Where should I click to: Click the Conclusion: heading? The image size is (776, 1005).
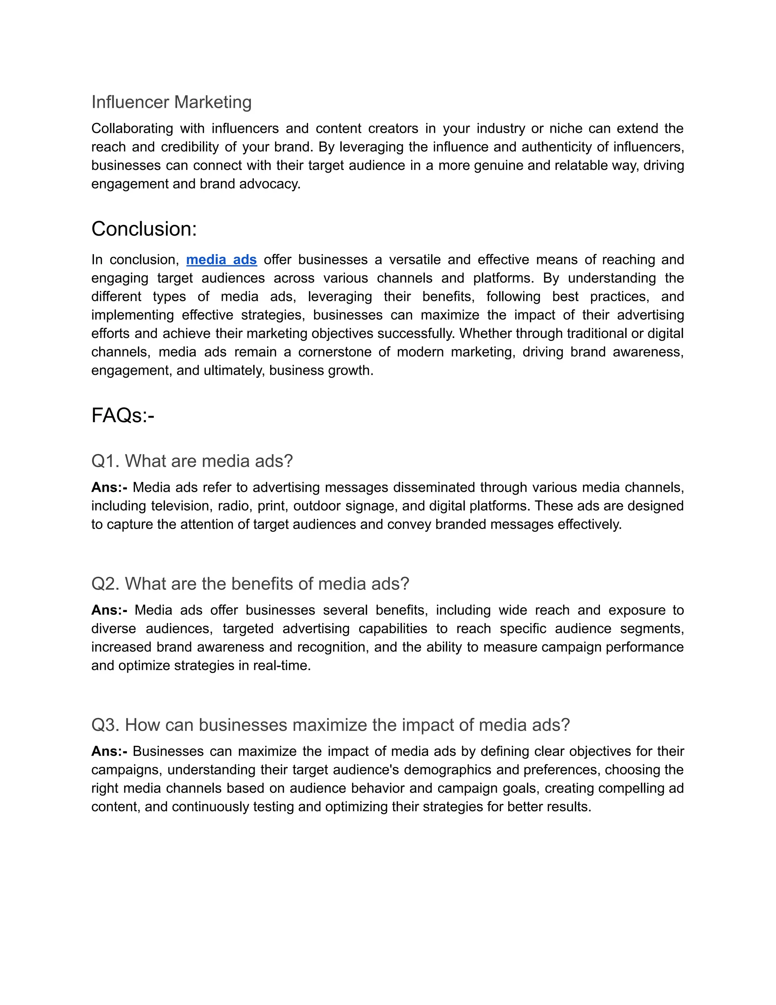144,229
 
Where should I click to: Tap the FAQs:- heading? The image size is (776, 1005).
123,416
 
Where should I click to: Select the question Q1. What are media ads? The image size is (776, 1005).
192,461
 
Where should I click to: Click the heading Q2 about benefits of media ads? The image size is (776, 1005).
250,584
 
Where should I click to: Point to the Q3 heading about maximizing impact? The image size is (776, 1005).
330,725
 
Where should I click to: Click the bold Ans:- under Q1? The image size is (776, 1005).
109,487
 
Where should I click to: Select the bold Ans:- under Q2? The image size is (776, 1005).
109,610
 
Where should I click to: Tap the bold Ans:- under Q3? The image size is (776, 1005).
109,751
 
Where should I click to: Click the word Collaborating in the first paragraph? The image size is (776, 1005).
132,129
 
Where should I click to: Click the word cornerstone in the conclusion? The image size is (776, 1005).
334,352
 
